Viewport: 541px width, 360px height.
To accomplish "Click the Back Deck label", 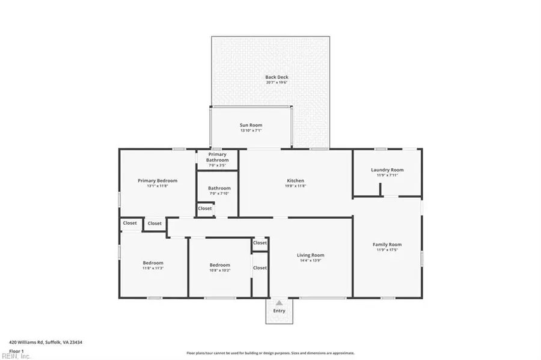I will (277, 77).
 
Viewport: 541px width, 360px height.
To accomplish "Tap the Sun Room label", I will (251, 125).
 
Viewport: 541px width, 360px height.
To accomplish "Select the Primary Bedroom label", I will (157, 180).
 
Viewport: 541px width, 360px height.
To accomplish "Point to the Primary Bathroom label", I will (218, 157).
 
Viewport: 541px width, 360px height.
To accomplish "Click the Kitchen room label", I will (295, 180).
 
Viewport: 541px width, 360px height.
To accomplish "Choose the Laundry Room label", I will (387, 169).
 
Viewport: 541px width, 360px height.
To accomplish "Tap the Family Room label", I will (387, 245).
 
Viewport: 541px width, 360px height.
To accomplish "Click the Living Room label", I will (310, 255).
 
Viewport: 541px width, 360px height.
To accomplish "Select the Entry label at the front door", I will (279, 311).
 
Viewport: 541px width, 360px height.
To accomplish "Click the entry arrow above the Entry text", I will (279, 303).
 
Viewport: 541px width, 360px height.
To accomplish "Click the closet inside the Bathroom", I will (205, 209).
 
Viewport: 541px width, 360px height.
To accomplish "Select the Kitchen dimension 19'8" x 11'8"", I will (295, 186).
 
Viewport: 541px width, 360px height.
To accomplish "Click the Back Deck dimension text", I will (277, 82).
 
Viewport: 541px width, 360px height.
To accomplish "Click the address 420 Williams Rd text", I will (46, 342).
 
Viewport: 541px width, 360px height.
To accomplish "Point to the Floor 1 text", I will (16, 350).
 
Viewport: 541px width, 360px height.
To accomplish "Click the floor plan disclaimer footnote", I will (270, 353).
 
